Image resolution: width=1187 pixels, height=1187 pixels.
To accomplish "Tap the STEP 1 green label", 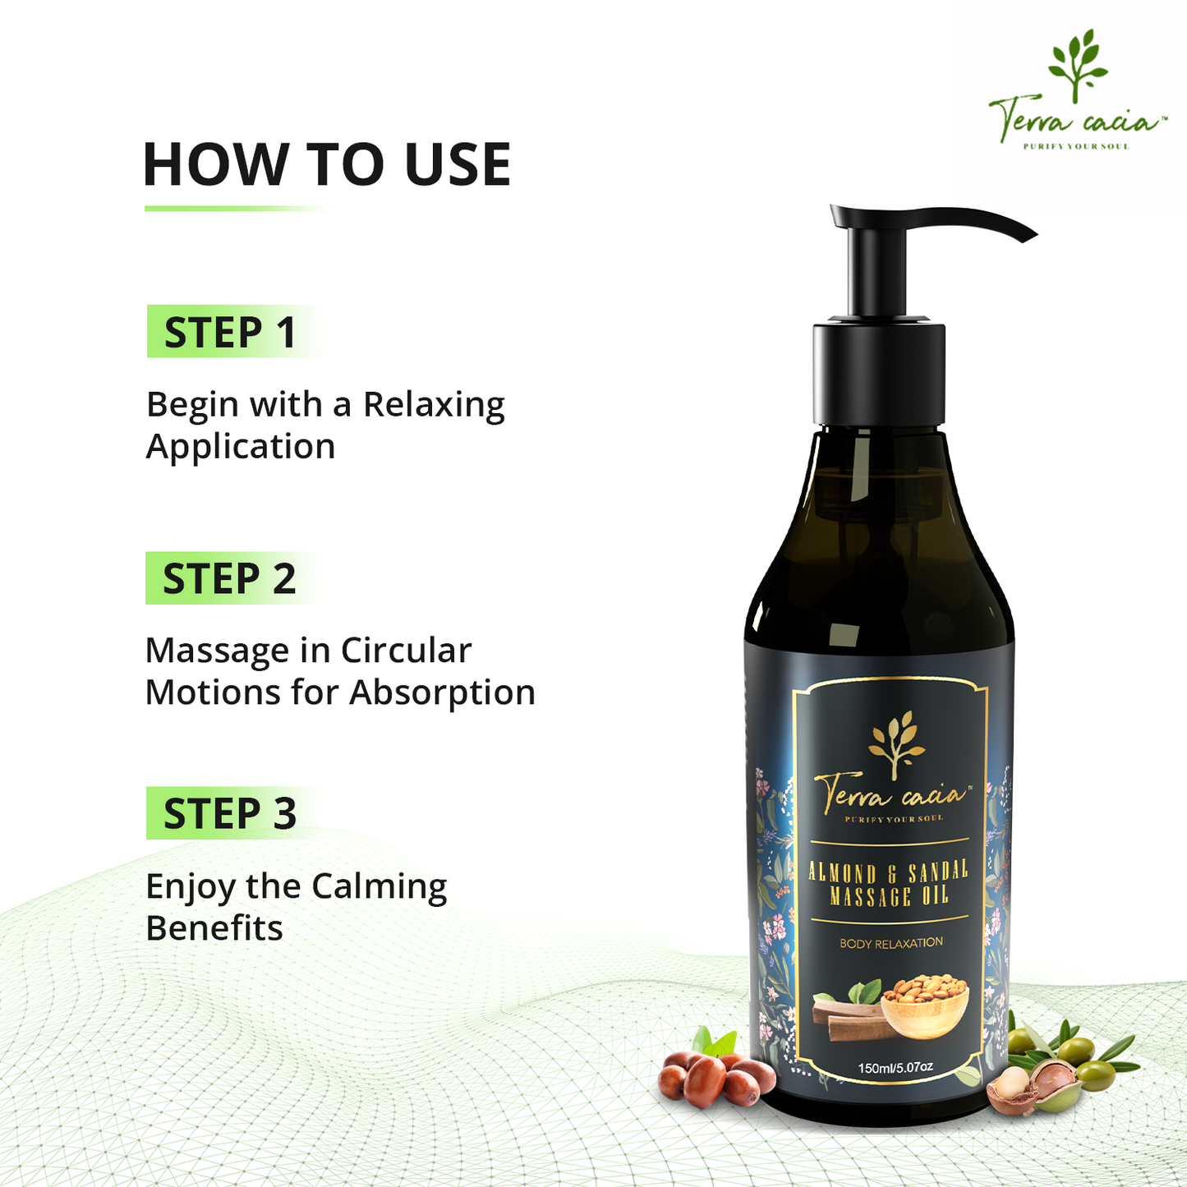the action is [234, 331].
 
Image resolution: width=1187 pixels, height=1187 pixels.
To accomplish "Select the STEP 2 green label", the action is [232, 577].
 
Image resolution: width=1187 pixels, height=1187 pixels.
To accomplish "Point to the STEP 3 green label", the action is [232, 812].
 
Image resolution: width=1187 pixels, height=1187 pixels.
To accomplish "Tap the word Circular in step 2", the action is [407, 651].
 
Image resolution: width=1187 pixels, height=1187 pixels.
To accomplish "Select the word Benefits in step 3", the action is [214, 928].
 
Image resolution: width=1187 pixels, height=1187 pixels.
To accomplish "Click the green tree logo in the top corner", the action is [1078, 65].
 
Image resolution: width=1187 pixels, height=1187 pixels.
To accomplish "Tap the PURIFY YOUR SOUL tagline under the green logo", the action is [1076, 146].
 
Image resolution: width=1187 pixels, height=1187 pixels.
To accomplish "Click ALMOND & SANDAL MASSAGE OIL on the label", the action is [888, 884].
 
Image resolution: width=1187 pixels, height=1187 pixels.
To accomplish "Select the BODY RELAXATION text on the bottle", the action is [891, 943].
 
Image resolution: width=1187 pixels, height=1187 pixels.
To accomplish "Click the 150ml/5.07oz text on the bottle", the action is [895, 1068].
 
